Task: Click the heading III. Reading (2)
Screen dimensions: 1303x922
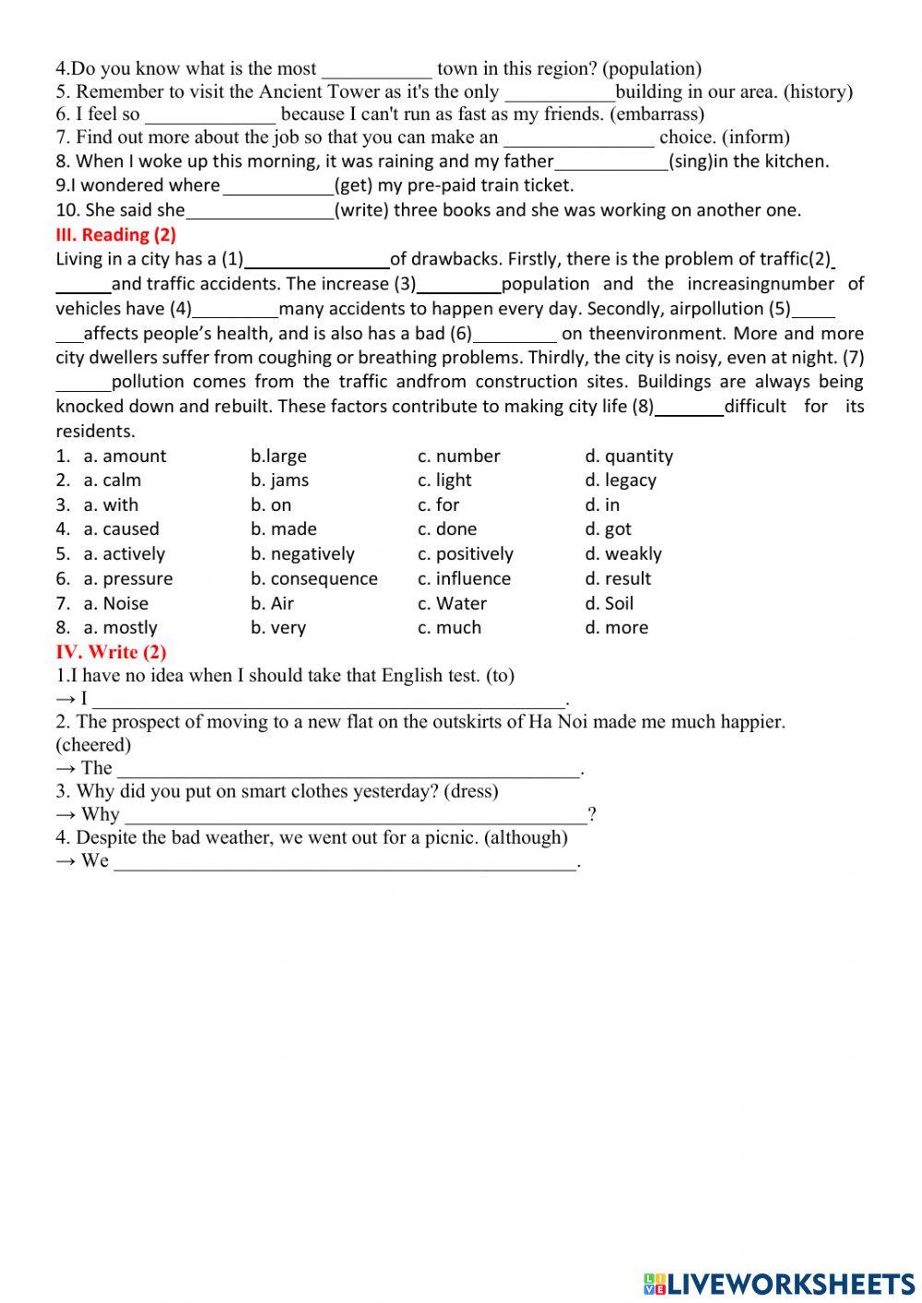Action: point(115,234)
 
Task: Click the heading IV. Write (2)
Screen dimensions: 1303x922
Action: point(111,652)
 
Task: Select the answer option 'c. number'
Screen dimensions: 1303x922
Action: point(458,456)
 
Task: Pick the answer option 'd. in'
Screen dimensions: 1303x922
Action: point(602,505)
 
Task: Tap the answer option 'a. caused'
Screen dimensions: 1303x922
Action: point(121,529)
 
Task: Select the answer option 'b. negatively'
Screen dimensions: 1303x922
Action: point(302,554)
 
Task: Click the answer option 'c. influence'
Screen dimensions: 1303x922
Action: point(464,579)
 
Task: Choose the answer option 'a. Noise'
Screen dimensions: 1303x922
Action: point(115,604)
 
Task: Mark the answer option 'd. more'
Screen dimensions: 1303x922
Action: point(616,628)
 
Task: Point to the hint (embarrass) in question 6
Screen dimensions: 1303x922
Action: point(656,114)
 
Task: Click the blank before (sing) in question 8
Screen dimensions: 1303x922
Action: point(611,162)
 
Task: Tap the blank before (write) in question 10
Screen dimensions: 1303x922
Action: point(260,211)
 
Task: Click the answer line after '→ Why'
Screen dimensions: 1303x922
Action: point(355,815)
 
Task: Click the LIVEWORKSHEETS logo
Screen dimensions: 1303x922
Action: point(779,1283)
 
